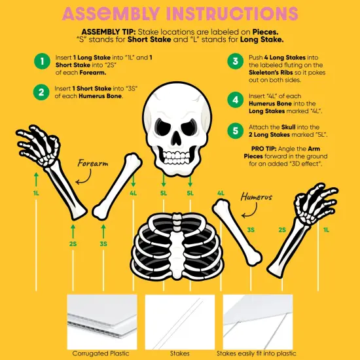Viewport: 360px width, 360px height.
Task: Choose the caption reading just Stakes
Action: coord(179,353)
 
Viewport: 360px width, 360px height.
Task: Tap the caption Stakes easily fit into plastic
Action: coord(258,353)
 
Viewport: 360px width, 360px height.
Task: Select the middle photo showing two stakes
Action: coord(179,321)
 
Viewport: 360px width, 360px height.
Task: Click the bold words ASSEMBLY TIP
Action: coord(109,31)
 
